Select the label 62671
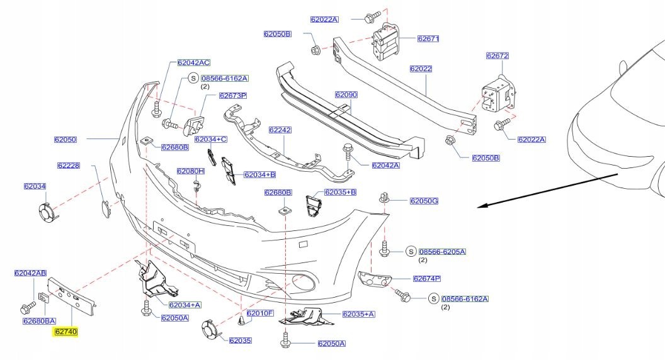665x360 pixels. click(428, 38)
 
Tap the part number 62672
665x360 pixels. click(496, 55)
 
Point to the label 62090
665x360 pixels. click(346, 94)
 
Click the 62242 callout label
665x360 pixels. click(280, 130)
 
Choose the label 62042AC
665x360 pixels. click(193, 62)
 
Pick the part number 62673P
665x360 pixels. click(232, 96)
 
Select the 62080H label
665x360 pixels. click(191, 171)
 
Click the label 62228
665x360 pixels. click(68, 166)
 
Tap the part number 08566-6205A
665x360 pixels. click(444, 252)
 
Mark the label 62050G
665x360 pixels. click(424, 201)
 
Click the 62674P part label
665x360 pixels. click(426, 278)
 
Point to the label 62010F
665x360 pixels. click(259, 313)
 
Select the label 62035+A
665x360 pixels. click(358, 313)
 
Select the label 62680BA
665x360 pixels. click(40, 321)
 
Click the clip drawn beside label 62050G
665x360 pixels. click(384, 199)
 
